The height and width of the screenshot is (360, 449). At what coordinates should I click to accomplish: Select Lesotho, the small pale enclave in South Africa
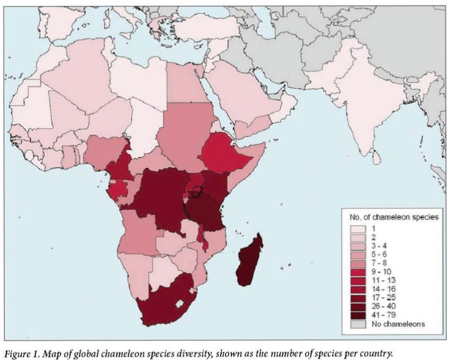coord(179,304)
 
